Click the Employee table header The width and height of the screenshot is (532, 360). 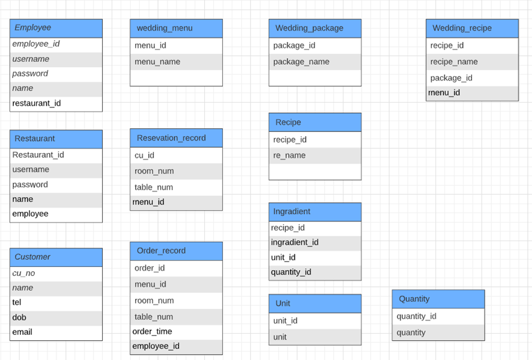tap(56, 28)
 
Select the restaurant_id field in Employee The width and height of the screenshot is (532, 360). tap(37, 103)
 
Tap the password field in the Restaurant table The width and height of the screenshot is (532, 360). tap(30, 185)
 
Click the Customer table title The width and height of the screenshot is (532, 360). tap(56, 257)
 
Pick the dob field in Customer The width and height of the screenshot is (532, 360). tap(19, 317)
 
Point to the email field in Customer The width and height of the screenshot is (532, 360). tap(22, 332)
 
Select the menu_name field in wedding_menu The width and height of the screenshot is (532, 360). tap(157, 62)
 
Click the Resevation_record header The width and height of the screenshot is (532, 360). tap(176, 138)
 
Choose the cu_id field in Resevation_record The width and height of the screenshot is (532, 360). tap(144, 155)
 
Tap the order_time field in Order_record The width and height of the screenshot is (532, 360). tap(152, 331)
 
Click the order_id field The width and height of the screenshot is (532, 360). tap(150, 268)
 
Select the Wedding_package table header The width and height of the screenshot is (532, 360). tap(315, 28)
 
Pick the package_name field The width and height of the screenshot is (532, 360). tap(301, 62)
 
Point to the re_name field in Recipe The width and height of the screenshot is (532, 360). tap(289, 155)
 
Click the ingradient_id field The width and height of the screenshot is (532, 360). tap(294, 242)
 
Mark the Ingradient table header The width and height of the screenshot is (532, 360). tap(315, 211)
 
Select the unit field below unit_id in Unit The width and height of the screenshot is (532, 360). tap(280, 337)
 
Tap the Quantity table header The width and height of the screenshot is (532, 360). tap(438, 299)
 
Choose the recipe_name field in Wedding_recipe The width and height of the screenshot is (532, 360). tap(454, 62)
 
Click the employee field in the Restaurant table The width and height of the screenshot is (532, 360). tap(30, 214)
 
